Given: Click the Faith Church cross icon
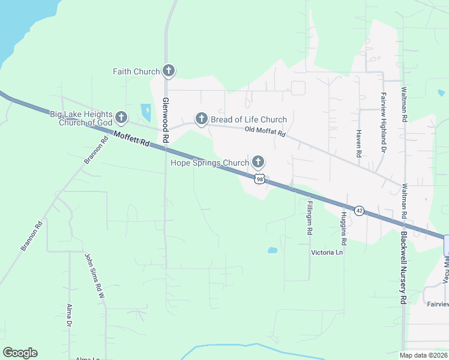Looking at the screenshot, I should pyautogui.click(x=169, y=71).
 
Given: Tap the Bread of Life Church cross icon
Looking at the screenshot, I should pyautogui.click(x=201, y=119).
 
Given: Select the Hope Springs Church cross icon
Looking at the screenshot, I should pyautogui.click(x=258, y=162).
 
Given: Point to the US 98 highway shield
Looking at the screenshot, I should pyautogui.click(x=259, y=179).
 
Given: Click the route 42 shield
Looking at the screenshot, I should pyautogui.click(x=359, y=211).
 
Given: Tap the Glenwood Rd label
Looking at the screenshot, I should pyautogui.click(x=166, y=121).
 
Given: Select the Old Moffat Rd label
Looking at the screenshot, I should pyautogui.click(x=265, y=131).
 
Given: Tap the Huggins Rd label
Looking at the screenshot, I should pyautogui.click(x=344, y=229).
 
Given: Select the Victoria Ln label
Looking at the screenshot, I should pyautogui.click(x=327, y=253).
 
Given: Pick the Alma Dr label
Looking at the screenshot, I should pyautogui.click(x=70, y=316).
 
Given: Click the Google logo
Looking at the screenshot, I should pyautogui.click(x=20, y=353).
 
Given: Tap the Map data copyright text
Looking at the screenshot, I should pyautogui.click(x=424, y=355).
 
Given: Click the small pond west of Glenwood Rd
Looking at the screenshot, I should pyautogui.click(x=146, y=112).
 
